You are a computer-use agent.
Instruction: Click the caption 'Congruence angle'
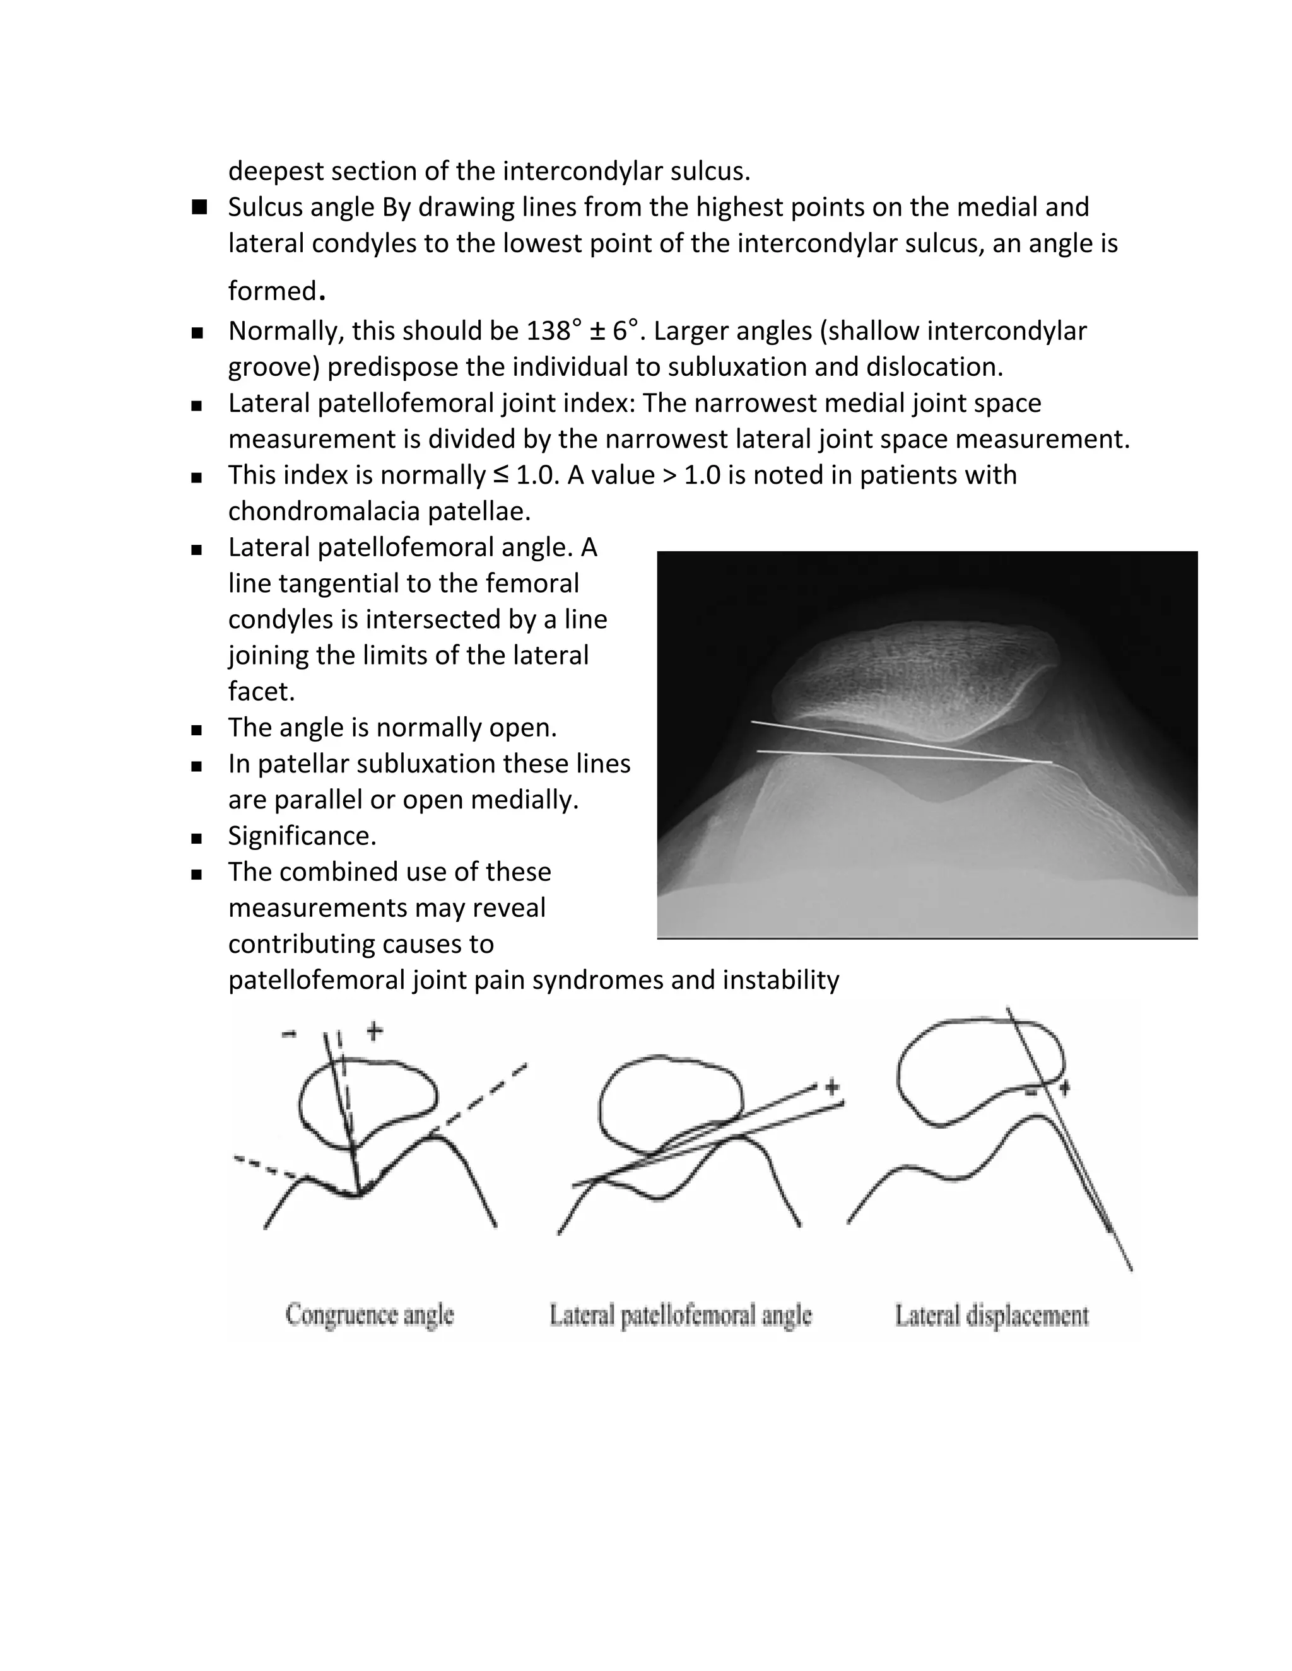click(x=370, y=1315)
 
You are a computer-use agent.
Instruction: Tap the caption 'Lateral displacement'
click(x=991, y=1315)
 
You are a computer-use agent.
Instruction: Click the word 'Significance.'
click(x=302, y=835)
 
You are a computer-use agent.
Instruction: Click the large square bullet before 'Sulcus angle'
click(x=200, y=207)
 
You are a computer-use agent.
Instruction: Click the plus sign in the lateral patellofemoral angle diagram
click(x=832, y=1086)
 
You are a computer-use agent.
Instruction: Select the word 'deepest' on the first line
click(x=276, y=171)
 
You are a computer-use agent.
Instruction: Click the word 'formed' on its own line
click(x=273, y=291)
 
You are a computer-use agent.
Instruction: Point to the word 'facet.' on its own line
click(x=261, y=692)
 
